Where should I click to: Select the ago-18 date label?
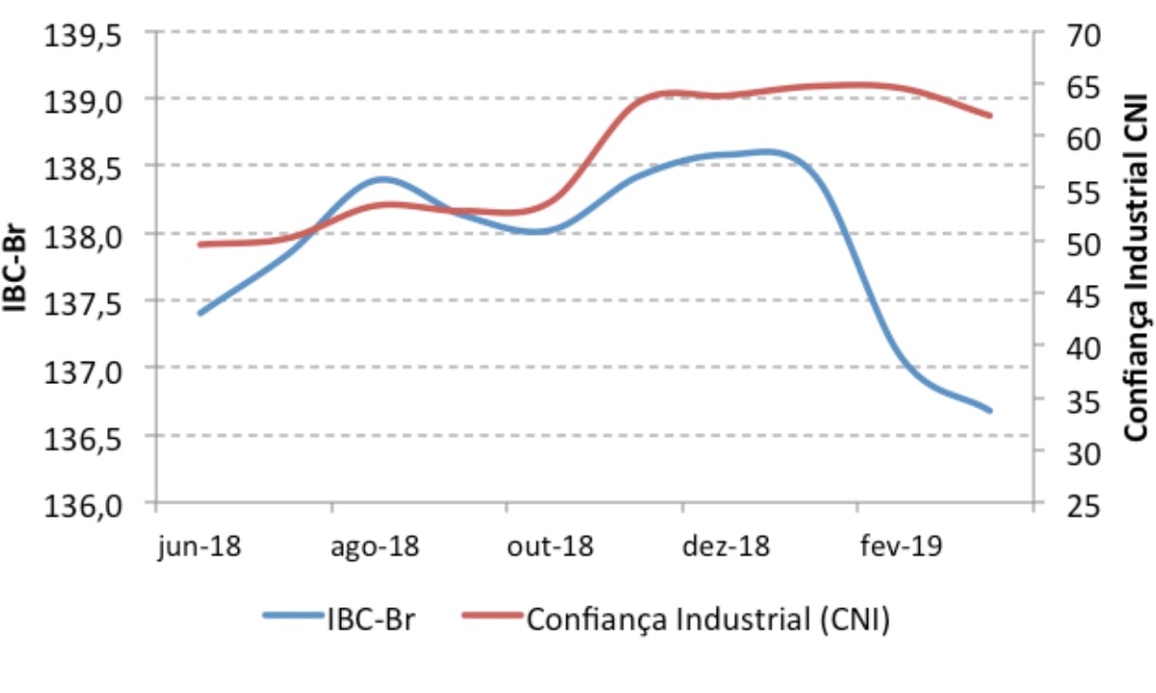click(376, 547)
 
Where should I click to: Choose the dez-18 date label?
click(726, 547)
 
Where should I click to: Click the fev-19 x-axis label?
click(902, 547)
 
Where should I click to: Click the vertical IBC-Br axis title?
click(21, 270)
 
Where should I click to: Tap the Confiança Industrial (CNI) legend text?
click(708, 619)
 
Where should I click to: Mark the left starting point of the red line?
click(200, 244)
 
